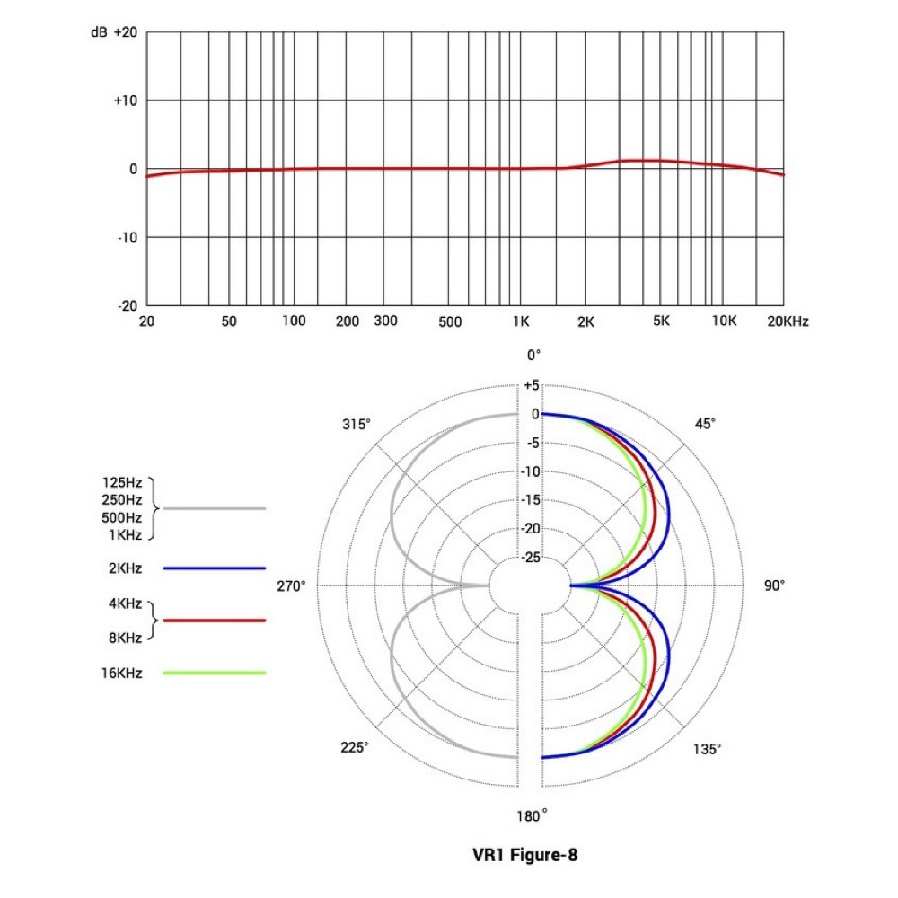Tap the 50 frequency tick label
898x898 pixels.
(x=228, y=321)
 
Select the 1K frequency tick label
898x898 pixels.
(x=520, y=321)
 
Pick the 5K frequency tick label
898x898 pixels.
(x=660, y=321)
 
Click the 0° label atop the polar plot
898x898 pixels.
(x=533, y=356)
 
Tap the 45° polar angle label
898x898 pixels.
(x=706, y=423)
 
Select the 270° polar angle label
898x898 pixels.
(x=290, y=585)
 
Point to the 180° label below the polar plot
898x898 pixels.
(x=533, y=815)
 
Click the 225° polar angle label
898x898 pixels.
(x=354, y=748)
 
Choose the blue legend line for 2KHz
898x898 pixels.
(x=215, y=568)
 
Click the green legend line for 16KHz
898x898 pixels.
(x=215, y=672)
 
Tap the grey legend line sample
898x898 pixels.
(x=215, y=508)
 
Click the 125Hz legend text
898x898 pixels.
(x=122, y=482)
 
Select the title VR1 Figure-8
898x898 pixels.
(x=525, y=855)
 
